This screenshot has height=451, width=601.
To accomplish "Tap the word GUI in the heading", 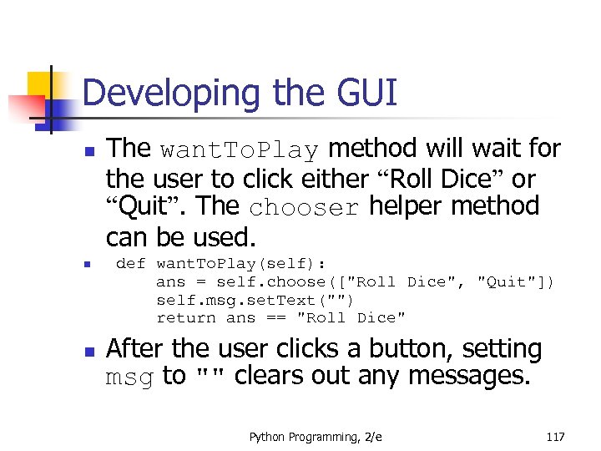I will coord(362,94).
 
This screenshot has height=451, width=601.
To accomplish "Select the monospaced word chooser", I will coord(304,206).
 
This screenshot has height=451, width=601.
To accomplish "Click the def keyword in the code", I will coord(130,264).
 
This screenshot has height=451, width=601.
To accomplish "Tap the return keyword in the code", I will coord(186,317).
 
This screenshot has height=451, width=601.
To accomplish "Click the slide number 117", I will coord(554,437).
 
